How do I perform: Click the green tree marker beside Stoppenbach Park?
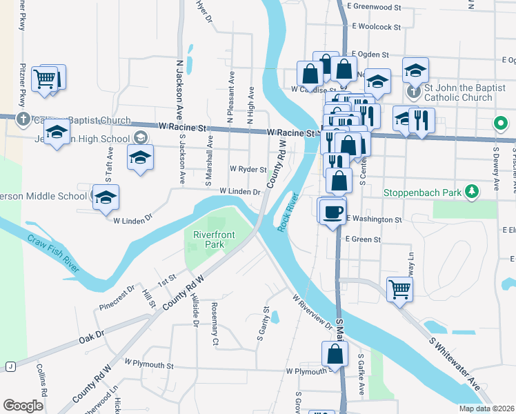pos(472,191)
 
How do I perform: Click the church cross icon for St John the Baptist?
pos(413,90)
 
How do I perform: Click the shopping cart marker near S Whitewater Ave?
pos(399,289)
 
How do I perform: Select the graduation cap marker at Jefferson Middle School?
pos(106,197)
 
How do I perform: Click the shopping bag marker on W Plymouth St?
pos(335,354)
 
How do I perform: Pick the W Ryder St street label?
pos(248,169)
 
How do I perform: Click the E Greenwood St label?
pos(375,7)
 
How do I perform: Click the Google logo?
pos(23,406)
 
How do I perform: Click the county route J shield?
pos(11,366)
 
